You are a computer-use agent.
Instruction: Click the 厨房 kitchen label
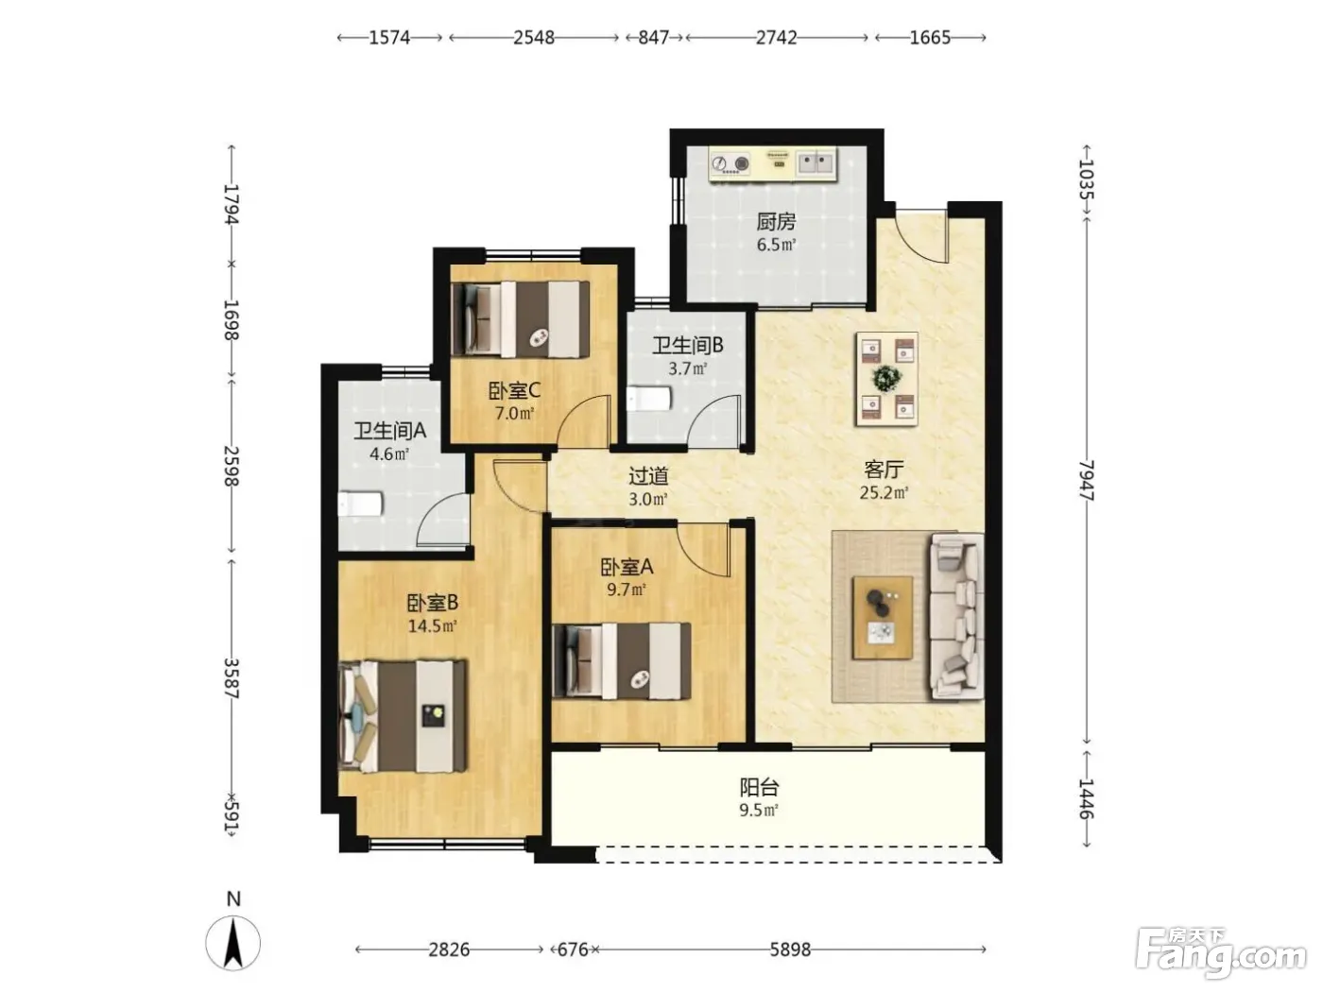coord(776,222)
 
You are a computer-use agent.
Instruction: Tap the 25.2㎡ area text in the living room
coord(884,492)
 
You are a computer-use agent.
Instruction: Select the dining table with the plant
coord(886,378)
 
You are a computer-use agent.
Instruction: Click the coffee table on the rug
coord(882,617)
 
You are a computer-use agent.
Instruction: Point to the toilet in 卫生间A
coord(360,505)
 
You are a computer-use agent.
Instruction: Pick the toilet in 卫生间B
coord(648,399)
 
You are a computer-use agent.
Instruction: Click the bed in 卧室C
coord(521,319)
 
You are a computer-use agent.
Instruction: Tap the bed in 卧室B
coord(403,716)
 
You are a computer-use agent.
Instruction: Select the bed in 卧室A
coord(622,660)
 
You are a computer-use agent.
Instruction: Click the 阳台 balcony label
coord(759,787)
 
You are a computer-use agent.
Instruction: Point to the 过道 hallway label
coord(648,476)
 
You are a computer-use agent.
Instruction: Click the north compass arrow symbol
coord(233,943)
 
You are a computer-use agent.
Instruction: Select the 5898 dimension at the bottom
coord(790,949)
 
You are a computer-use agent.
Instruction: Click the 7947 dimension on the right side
coord(1086,480)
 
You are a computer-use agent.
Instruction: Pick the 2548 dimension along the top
coord(534,38)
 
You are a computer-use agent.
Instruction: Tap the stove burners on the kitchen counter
coord(730,162)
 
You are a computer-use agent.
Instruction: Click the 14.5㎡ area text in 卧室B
coord(432,625)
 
